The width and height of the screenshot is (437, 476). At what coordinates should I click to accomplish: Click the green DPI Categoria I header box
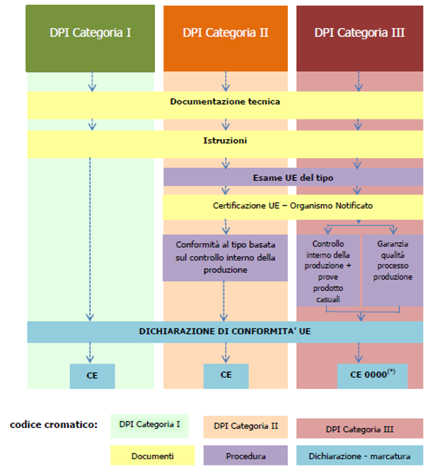(x=90, y=33)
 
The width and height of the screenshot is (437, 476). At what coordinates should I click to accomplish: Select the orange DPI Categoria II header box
(x=225, y=33)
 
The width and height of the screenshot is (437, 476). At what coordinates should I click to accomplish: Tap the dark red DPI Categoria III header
(x=359, y=33)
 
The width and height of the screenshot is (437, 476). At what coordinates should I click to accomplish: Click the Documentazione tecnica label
(x=225, y=102)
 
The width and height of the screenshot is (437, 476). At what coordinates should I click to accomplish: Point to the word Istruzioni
(x=225, y=141)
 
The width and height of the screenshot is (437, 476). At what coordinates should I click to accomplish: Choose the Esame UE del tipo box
(x=293, y=177)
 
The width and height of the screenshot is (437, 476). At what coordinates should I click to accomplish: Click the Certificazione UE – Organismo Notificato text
(x=293, y=206)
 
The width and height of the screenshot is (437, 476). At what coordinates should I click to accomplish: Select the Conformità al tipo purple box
(x=225, y=257)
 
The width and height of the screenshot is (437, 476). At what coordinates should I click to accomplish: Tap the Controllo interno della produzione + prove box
(x=328, y=270)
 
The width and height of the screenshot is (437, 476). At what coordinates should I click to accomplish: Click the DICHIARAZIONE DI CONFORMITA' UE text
(x=225, y=331)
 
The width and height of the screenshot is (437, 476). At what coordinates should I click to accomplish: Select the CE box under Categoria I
(x=92, y=376)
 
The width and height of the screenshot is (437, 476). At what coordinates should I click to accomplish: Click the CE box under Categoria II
(x=226, y=376)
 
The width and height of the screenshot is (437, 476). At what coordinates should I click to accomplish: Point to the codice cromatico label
(x=54, y=424)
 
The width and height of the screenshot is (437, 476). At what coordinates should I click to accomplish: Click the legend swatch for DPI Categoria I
(x=149, y=424)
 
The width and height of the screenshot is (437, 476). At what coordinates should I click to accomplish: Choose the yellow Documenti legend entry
(x=152, y=456)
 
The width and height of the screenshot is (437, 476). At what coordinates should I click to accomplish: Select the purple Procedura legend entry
(x=245, y=456)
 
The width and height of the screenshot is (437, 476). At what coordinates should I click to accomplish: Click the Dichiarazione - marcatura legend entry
(x=359, y=456)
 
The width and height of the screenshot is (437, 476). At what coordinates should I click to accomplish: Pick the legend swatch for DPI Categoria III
(x=359, y=429)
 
